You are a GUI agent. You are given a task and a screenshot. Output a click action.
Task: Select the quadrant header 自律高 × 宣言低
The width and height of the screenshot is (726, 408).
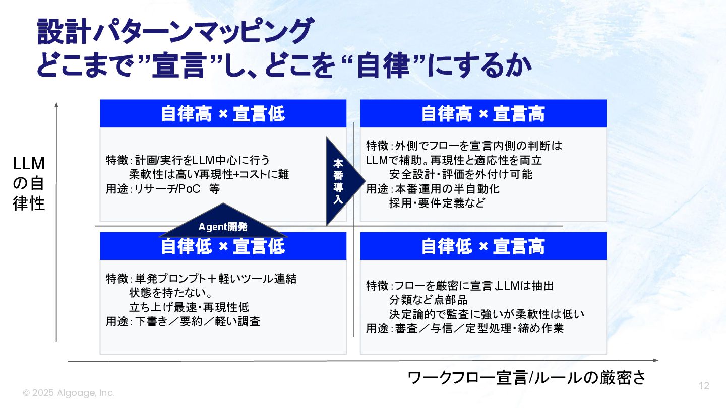tap(223, 113)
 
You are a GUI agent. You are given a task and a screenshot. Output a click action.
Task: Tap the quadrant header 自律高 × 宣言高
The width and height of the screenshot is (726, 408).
tap(483, 113)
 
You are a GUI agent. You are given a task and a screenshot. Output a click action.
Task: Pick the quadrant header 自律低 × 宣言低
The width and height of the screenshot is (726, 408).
tap(223, 247)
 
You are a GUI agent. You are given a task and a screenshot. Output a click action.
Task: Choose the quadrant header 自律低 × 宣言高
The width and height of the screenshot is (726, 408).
tap(483, 247)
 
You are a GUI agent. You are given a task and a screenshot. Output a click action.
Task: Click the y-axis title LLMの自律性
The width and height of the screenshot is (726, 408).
tap(29, 183)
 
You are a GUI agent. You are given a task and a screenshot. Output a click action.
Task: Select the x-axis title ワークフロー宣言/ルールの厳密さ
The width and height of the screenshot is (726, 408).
tap(526, 378)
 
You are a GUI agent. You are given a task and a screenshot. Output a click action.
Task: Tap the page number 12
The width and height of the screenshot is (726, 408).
tap(704, 386)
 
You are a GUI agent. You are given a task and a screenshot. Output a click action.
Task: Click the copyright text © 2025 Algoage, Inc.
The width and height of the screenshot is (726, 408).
tap(69, 393)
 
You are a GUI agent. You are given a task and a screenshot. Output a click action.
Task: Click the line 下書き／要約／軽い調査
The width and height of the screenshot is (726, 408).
tap(198, 321)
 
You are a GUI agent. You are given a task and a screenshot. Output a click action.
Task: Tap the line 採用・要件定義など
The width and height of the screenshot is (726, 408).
tap(437, 203)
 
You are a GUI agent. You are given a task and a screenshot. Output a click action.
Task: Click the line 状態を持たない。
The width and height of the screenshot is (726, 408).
tap(170, 293)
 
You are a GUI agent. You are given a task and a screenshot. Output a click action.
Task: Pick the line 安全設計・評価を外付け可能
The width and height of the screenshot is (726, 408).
tap(461, 175)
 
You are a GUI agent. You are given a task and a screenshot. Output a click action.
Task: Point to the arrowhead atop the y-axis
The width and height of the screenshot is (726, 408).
tap(56, 105)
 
